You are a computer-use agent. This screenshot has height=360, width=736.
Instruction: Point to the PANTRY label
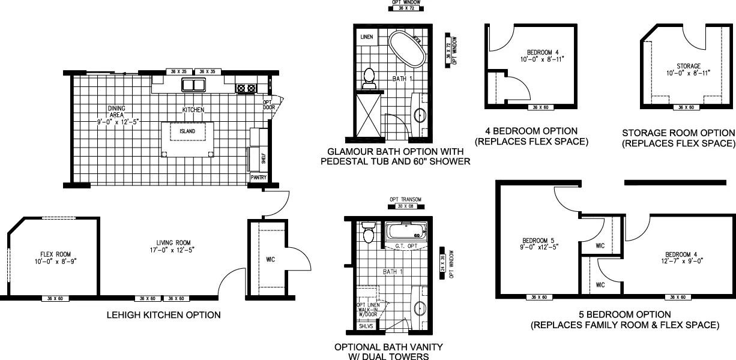pyautogui.click(x=258, y=178)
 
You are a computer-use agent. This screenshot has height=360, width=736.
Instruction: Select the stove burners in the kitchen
pyautogui.click(x=246, y=88)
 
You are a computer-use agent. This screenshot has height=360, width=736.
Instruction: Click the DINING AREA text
pyautogui.click(x=116, y=111)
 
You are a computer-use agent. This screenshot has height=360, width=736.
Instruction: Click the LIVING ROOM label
pyautogui.click(x=172, y=245)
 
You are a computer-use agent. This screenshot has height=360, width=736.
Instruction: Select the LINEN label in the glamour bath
pyautogui.click(x=367, y=37)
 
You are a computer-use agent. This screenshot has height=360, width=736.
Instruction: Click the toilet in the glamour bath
pyautogui.click(x=370, y=78)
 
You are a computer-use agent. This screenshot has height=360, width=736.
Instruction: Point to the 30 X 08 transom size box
pyautogui.click(x=405, y=206)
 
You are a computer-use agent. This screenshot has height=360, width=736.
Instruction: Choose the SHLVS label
pyautogui.click(x=366, y=326)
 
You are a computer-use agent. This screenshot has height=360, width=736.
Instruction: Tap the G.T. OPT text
pyautogui.click(x=406, y=246)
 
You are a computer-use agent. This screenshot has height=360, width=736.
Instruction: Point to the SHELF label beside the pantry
pyautogui.click(x=263, y=158)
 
